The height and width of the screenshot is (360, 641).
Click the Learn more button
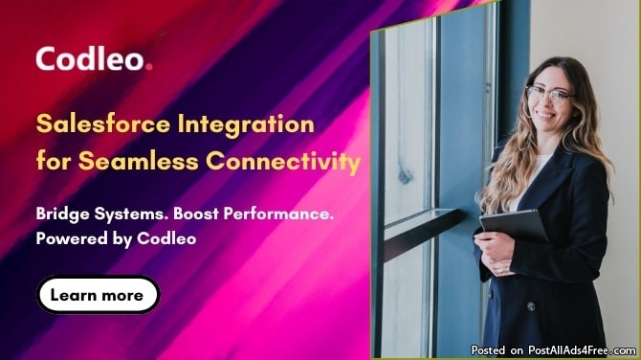coord(99,295)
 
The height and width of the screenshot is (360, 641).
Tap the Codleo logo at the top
coord(94,58)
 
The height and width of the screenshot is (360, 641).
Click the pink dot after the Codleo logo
coord(149,66)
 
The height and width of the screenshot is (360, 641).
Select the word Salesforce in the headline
coord(103,124)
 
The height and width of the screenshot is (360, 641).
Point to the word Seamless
coord(138,160)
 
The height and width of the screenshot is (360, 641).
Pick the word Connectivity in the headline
coord(283,162)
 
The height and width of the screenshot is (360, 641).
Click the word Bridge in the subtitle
coord(62,214)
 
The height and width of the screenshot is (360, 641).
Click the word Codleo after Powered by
coord(166,238)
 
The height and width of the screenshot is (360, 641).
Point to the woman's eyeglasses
coord(548,95)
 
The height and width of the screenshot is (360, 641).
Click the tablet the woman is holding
coord(515,226)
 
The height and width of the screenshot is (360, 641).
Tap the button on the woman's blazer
coord(531,305)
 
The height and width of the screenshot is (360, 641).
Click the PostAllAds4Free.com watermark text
coord(582,350)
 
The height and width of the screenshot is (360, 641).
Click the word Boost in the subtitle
coord(196,214)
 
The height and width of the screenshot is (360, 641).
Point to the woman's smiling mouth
coord(545,115)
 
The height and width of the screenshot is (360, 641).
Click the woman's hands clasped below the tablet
coord(496,254)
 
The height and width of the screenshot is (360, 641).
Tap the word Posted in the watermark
coord(488,350)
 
